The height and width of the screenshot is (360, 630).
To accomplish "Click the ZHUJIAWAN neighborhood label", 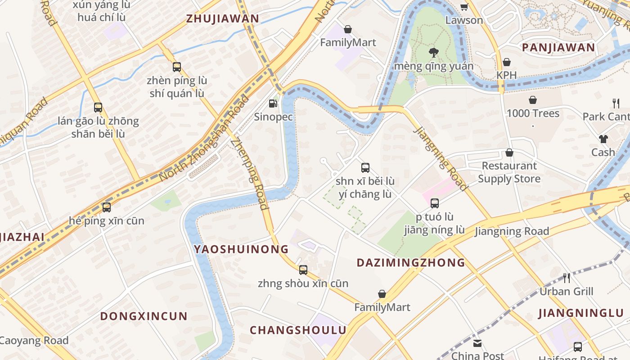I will (223, 18).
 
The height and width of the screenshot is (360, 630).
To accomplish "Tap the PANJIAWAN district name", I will (558, 47).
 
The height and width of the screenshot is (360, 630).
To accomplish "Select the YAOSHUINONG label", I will (241, 249).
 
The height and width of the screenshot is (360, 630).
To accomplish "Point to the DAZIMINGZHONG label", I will (410, 262).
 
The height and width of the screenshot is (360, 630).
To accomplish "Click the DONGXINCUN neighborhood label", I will (144, 316).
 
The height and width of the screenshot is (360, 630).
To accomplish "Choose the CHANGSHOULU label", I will (298, 330).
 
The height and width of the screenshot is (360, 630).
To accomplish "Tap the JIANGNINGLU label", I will (581, 313).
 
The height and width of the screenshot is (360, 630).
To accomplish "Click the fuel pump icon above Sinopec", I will (273, 103).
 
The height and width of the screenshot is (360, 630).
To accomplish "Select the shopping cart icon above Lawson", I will (464, 7).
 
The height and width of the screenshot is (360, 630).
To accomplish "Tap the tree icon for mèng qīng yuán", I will (434, 53).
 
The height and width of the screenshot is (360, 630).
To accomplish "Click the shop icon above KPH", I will (507, 62).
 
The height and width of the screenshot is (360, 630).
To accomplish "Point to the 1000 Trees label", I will (533, 113).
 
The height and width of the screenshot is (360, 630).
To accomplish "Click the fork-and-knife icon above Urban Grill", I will (567, 278).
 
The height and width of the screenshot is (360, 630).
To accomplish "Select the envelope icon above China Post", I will (477, 343).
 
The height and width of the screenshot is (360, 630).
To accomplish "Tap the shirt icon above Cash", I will (603, 139).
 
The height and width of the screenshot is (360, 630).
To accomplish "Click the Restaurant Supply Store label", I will (509, 172).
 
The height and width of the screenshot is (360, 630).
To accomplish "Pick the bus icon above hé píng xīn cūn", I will (107, 207).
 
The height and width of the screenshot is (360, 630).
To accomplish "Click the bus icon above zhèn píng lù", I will (177, 67).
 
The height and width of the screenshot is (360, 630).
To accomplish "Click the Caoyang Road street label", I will (34, 341).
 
